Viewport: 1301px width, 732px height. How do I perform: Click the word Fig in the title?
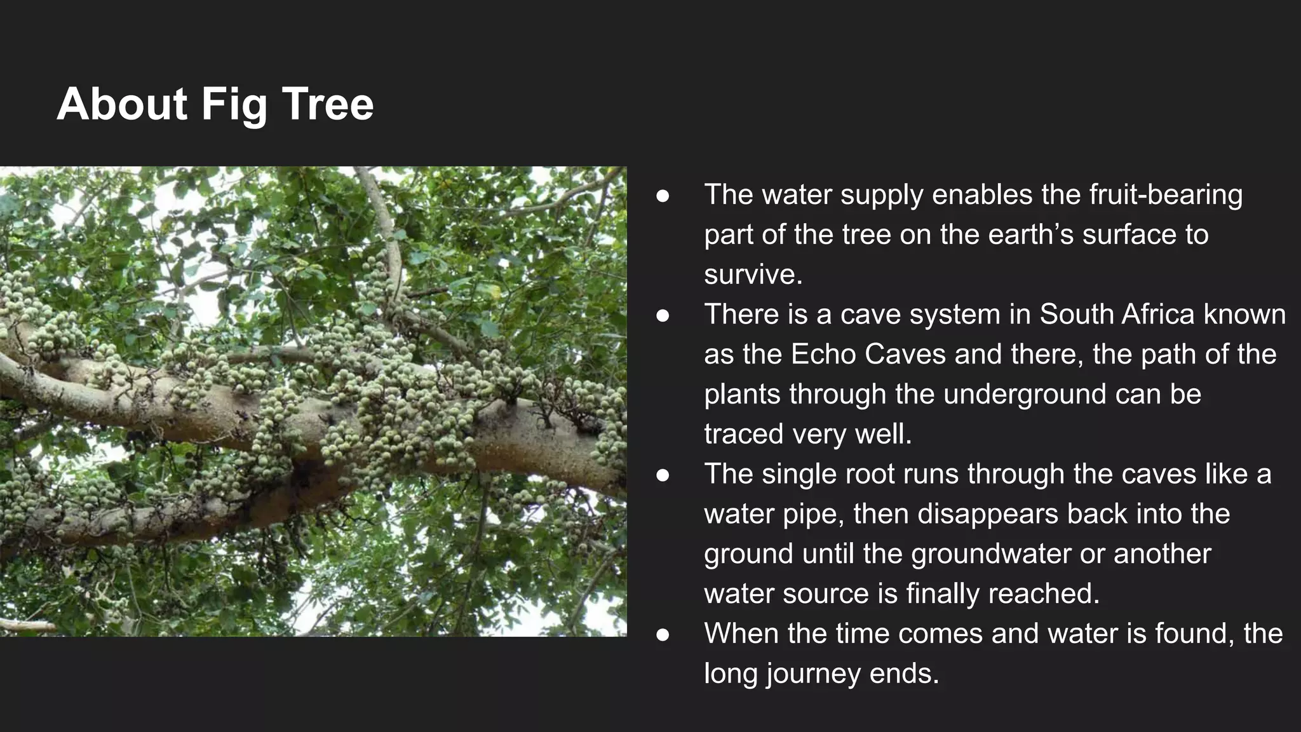(234, 105)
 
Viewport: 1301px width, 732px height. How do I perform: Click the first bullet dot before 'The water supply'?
(663, 196)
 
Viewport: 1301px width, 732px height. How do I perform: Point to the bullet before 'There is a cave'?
(663, 316)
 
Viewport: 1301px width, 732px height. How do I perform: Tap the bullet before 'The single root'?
(663, 475)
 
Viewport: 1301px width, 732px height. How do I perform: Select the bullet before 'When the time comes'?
(663, 635)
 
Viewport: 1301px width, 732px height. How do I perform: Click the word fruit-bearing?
(1166, 195)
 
